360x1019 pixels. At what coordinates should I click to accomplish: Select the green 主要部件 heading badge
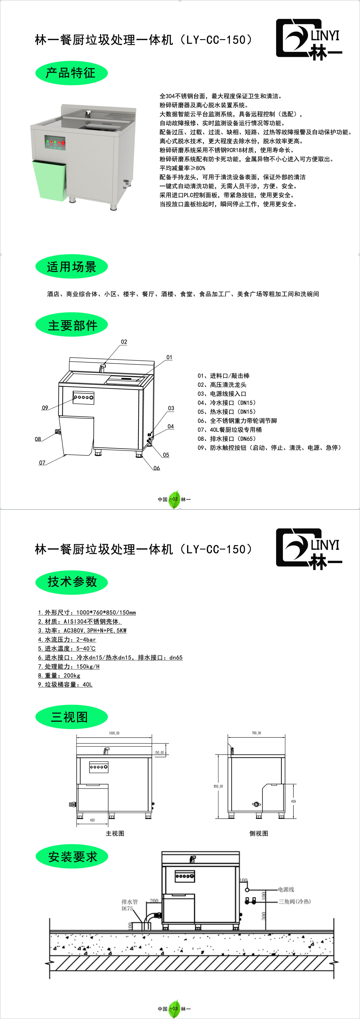(x=72, y=325)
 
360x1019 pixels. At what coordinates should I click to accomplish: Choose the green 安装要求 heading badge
(x=72, y=857)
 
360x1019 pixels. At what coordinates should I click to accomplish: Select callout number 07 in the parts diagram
(x=42, y=463)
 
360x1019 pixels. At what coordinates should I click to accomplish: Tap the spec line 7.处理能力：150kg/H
(x=69, y=666)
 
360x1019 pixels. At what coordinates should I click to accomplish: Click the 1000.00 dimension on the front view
(x=114, y=733)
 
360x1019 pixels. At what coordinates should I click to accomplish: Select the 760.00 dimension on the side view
(x=256, y=733)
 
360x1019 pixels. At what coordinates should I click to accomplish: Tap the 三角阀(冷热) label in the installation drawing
(x=294, y=901)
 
